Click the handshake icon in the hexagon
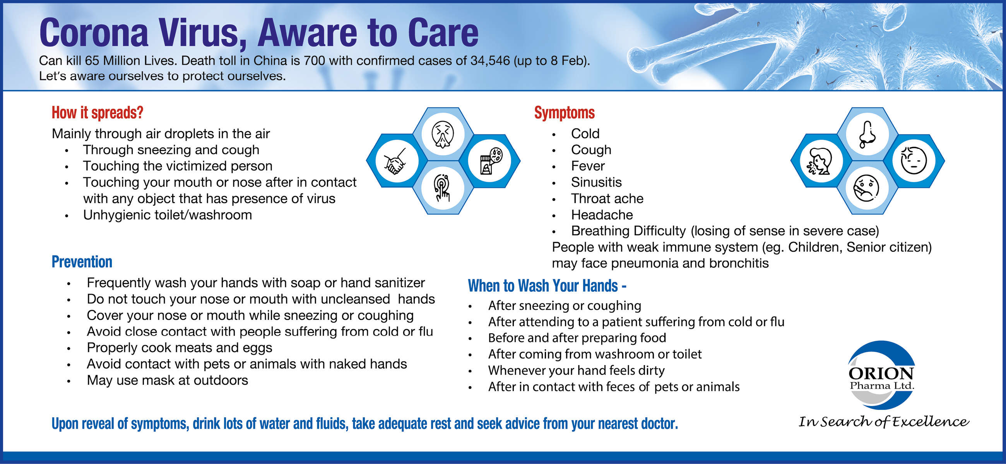pos(395,161)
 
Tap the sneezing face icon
pos(443,134)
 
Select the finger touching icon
pos(443,188)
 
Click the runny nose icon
pos(867,134)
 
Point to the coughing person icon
pos(820,161)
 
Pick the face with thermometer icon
pos(867,188)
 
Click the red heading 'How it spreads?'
pos(98,113)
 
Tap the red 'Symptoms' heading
pos(564,113)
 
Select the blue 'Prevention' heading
pos(82,261)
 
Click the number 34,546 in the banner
pos(490,60)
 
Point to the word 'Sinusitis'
pos(596,182)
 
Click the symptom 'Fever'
pos(588,166)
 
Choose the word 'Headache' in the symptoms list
pos(602,215)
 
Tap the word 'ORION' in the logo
pos(881,374)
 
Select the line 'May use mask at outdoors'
pos(168,380)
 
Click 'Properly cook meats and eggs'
pos(180,348)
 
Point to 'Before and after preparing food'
pos(577,338)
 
